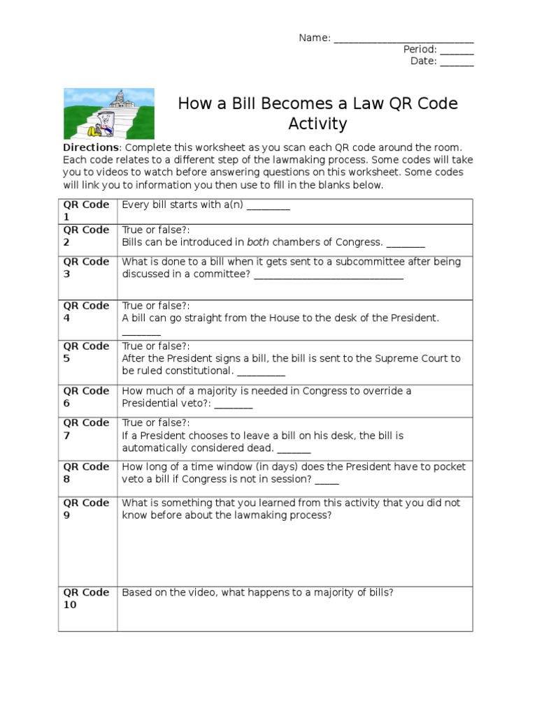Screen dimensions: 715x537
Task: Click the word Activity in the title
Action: tap(317, 124)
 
